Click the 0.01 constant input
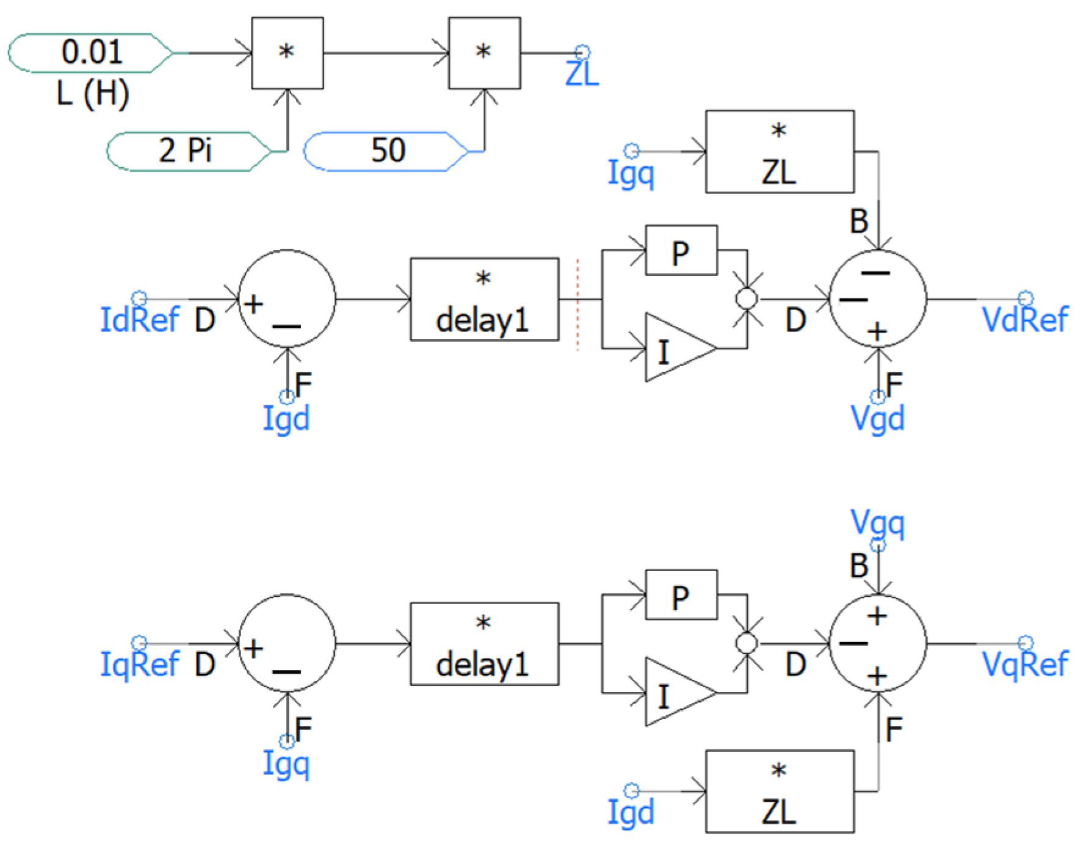click(90, 53)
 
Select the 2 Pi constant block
click(186, 151)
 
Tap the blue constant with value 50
click(386, 151)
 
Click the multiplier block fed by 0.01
click(287, 53)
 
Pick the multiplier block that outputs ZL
click(484, 53)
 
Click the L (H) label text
click(93, 94)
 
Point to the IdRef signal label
click(140, 319)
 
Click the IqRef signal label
click(140, 664)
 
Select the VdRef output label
click(1025, 319)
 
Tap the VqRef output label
click(1025, 664)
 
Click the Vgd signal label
click(877, 419)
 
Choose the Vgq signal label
click(877, 523)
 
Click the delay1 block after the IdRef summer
click(484, 299)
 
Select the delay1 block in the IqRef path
click(484, 644)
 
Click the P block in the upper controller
click(681, 250)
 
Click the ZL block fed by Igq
click(780, 152)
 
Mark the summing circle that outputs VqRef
click(877, 644)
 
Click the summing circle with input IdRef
click(286, 299)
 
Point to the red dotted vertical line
click(577, 305)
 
